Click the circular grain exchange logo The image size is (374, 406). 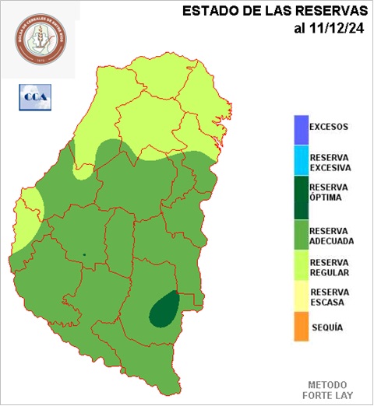click(40, 38)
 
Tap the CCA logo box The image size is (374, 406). click(33, 96)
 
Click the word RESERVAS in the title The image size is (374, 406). click(330, 11)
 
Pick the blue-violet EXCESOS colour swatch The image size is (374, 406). click(300, 128)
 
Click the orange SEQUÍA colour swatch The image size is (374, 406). click(300, 327)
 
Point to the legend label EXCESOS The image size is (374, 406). click(329, 127)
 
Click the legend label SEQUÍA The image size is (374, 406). click(326, 327)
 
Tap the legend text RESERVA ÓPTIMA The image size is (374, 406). click(329, 192)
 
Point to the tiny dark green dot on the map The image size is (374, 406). click(84, 254)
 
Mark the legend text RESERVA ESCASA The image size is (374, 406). click(329, 297)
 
